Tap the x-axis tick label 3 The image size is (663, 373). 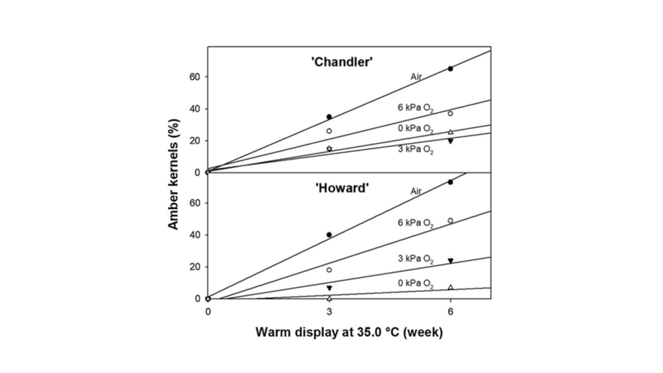[329, 311]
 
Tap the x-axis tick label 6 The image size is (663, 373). [451, 311]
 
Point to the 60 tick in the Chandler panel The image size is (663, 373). [196, 76]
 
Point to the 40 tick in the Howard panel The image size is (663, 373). [196, 235]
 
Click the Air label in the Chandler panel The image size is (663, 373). [417, 77]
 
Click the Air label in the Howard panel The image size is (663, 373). [417, 191]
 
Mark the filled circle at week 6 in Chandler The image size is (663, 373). [451, 69]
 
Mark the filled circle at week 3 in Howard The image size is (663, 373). [329, 234]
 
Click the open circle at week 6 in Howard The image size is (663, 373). [451, 221]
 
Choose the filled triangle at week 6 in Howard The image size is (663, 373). [451, 261]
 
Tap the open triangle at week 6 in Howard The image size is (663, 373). [451, 287]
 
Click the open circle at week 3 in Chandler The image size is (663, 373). [329, 131]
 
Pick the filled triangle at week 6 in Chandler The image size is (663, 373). [451, 141]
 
